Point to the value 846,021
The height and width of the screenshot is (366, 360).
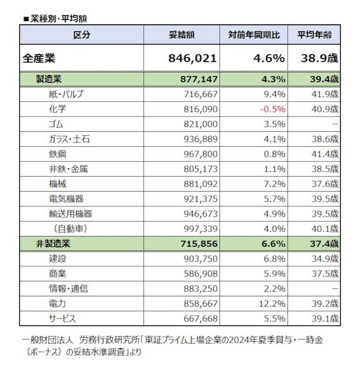pos(192,58)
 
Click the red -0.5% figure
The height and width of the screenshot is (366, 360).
pos(273,109)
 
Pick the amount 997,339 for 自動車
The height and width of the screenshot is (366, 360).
pos(201,229)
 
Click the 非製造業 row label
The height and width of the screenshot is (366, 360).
pos(53,244)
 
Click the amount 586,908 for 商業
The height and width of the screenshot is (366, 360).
pos(201,274)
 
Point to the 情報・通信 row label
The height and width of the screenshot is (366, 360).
pos(68,289)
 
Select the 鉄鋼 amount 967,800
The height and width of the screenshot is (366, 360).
pos(201,154)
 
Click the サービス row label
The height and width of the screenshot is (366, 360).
pos(63,319)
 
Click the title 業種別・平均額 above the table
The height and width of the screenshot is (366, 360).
pos(58,19)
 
